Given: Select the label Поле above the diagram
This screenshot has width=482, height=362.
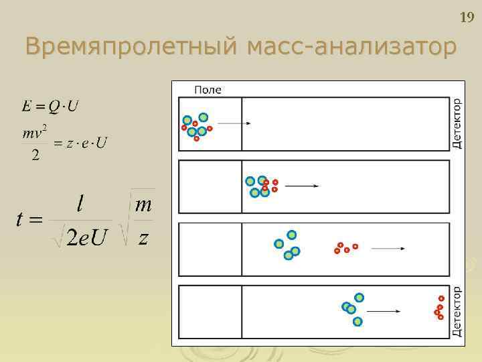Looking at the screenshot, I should point(208,89).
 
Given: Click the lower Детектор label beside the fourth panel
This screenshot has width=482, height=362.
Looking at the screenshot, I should point(457,312).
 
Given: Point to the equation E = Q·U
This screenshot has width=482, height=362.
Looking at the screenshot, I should point(50,106).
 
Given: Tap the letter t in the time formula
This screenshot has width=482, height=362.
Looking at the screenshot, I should point(19,219).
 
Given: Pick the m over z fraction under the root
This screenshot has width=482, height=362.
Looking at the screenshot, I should point(143,221).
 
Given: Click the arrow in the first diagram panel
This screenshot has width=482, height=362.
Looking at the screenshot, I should point(234,123).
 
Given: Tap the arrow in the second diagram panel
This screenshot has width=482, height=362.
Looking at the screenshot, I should point(302,186).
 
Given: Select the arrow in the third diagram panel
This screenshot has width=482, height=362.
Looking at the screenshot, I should point(388,249).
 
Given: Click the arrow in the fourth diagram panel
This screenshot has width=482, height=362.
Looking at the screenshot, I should point(384,311).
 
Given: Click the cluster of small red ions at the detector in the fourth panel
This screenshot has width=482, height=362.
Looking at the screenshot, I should point(439,308).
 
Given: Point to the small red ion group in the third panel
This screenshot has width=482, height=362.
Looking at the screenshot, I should point(345,248).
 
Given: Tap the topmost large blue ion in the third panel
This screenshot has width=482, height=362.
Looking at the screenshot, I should point(292,234).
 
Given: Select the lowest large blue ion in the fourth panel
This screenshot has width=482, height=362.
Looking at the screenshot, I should point(357,321).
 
